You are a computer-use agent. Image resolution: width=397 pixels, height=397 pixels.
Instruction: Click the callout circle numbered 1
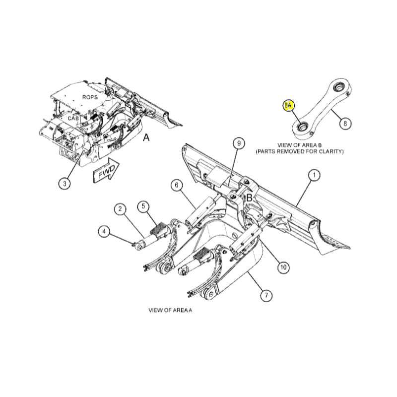(314, 175)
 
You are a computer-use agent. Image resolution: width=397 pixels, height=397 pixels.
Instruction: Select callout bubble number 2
(120, 209)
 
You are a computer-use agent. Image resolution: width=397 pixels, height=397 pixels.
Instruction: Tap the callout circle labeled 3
(65, 183)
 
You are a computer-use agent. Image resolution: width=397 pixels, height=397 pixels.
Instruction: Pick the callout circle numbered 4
(104, 231)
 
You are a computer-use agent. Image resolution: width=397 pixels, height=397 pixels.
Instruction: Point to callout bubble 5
(143, 206)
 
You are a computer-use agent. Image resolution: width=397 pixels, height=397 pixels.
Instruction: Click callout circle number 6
(177, 185)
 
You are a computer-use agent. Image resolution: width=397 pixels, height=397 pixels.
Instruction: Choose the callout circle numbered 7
(266, 295)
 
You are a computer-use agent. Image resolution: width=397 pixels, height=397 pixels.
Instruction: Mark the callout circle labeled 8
(345, 124)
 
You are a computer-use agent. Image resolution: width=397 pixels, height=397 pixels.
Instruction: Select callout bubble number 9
(239, 143)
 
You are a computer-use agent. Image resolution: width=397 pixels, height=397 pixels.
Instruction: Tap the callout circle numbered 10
(283, 267)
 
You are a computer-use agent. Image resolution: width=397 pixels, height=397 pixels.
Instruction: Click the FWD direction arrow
(106, 170)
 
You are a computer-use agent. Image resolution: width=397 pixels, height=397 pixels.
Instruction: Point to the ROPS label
(90, 97)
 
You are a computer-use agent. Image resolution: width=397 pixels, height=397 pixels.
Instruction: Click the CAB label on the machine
(73, 118)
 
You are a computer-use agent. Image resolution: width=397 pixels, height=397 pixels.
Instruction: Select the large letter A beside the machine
(146, 137)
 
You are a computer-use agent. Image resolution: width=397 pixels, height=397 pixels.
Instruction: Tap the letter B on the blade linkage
(250, 198)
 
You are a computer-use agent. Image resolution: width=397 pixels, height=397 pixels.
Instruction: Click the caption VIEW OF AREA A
(170, 310)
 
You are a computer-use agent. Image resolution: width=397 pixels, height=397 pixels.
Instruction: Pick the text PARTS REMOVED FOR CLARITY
(300, 152)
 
